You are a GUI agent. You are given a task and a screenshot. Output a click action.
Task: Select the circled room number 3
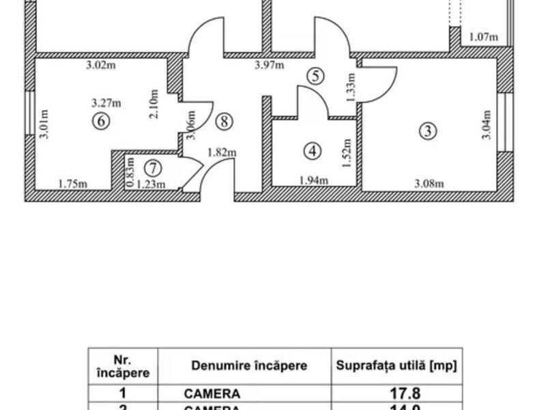pyautogui.click(x=427, y=131)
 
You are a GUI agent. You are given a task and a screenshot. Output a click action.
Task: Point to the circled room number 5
pyautogui.click(x=315, y=75)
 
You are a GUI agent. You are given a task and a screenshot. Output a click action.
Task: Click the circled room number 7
pyautogui.click(x=154, y=167)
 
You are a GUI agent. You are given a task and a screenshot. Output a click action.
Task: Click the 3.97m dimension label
pyautogui.click(x=269, y=66)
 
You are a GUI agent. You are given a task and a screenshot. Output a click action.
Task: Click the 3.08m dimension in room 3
pyautogui.click(x=430, y=183)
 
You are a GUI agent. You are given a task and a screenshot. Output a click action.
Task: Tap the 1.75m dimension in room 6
pyautogui.click(x=72, y=183)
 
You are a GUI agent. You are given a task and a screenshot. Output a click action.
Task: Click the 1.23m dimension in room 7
pyautogui.click(x=152, y=183)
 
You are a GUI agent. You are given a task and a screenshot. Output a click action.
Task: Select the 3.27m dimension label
pyautogui.click(x=106, y=104)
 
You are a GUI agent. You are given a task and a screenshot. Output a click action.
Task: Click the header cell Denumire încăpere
pyautogui.click(x=245, y=366)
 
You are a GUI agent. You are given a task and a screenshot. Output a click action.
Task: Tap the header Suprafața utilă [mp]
pyautogui.click(x=397, y=366)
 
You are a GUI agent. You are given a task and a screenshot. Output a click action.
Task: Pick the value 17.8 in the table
pyautogui.click(x=397, y=394)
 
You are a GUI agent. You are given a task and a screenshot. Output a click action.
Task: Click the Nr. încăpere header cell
pyautogui.click(x=124, y=366)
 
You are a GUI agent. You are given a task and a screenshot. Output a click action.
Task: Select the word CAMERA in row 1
pyautogui.click(x=212, y=394)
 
